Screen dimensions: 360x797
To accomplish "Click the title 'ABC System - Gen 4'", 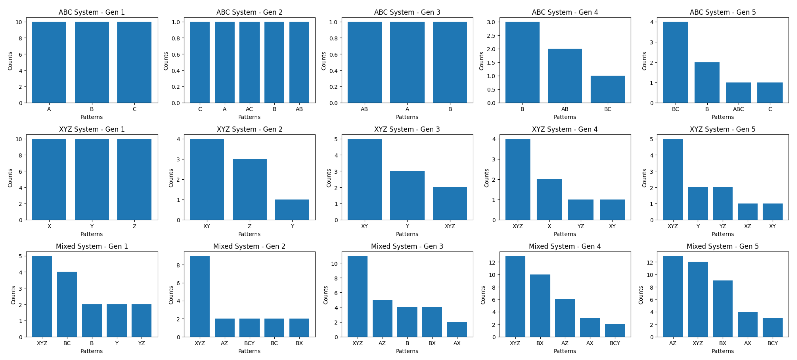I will [x=565, y=12].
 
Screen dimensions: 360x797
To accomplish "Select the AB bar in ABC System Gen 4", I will [x=565, y=76].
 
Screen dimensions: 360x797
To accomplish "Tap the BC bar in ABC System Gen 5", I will [x=676, y=62].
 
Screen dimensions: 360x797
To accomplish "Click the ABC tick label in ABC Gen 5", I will [x=738, y=109].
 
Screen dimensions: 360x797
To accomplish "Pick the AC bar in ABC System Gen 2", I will [x=249, y=62].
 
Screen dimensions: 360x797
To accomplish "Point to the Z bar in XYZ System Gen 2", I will [x=249, y=189].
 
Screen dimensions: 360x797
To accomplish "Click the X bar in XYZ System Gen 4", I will [x=549, y=200].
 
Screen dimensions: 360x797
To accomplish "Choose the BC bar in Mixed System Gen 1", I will [x=67, y=304].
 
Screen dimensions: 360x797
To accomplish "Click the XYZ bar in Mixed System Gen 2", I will [x=200, y=296].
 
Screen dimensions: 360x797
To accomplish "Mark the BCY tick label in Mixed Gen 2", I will [x=249, y=343].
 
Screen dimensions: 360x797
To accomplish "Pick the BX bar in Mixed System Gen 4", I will [x=540, y=306].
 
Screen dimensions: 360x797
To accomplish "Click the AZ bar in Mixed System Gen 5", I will [x=673, y=296].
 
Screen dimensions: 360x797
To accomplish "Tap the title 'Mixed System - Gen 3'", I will [x=407, y=246].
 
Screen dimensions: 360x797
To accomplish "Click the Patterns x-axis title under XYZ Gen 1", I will [x=92, y=234].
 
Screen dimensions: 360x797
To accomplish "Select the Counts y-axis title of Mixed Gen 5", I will [x=641, y=295].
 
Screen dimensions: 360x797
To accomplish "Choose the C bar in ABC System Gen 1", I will [x=134, y=62].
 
